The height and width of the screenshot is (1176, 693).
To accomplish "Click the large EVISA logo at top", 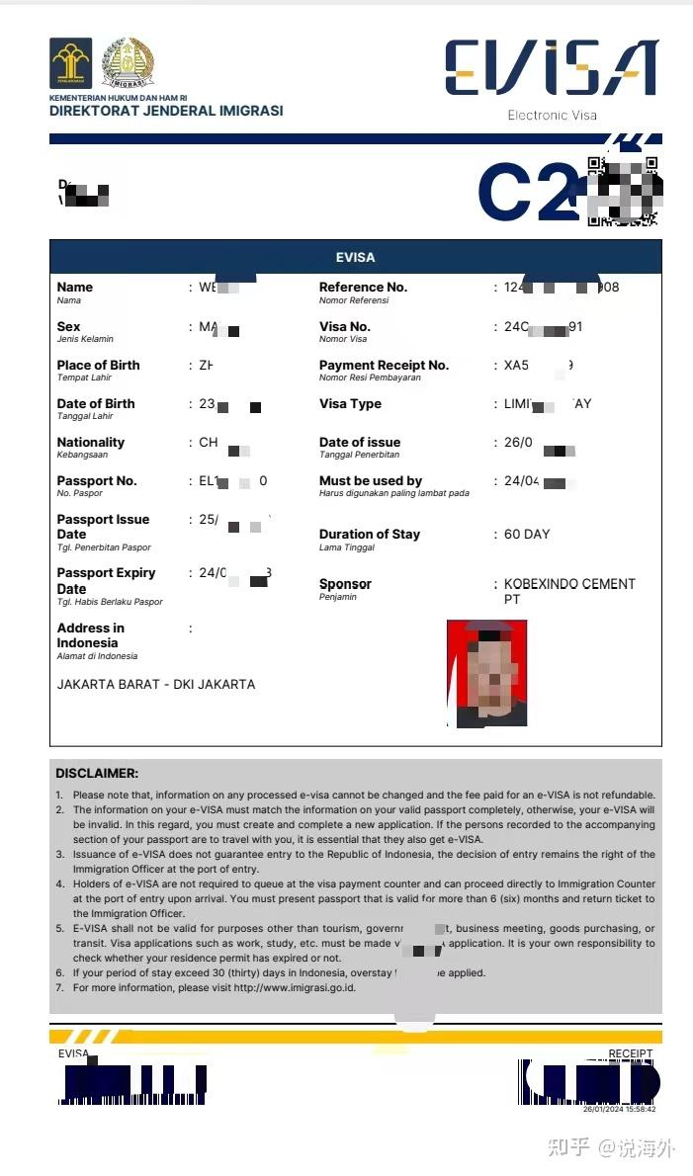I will [551, 68].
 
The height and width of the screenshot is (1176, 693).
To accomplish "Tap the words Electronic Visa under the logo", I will [552, 116].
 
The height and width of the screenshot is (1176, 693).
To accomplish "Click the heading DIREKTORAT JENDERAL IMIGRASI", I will [166, 111].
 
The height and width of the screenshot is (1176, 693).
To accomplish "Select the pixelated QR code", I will [623, 191].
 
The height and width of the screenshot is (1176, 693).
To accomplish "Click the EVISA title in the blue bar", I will [355, 257].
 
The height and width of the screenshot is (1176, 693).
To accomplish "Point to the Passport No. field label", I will [97, 481].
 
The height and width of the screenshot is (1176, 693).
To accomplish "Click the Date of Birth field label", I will [96, 404].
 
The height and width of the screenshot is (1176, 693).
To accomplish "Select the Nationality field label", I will [91, 443].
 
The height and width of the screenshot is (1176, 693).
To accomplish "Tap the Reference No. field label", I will [363, 288].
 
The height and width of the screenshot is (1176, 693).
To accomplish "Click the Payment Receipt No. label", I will [384, 366].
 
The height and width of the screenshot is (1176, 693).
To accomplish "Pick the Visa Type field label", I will [350, 404].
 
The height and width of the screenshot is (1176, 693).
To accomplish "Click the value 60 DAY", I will [527, 535].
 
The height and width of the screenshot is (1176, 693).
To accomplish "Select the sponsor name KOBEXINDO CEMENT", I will [569, 584].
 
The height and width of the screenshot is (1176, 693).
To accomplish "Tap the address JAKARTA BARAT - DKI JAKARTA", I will [156, 684].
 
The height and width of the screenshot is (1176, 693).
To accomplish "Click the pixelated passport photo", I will [486, 673].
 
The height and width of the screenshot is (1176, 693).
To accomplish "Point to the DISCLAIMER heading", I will [97, 773].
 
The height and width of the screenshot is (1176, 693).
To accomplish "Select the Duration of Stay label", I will [370, 535].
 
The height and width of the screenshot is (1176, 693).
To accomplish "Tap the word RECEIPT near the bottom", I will [631, 1054].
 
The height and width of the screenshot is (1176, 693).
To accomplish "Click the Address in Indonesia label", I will [91, 635].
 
